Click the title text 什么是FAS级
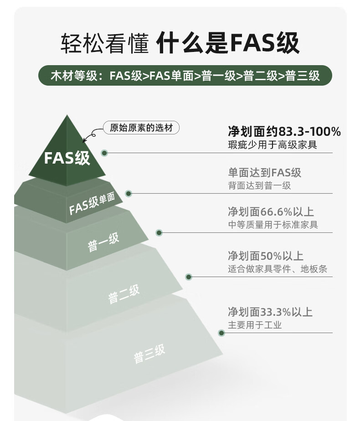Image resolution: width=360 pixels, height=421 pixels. click(x=227, y=44)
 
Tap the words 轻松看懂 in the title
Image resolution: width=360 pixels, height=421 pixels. click(x=105, y=44)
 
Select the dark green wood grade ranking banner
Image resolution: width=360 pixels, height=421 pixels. click(x=185, y=75)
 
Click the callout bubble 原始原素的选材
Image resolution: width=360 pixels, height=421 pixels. click(x=141, y=128)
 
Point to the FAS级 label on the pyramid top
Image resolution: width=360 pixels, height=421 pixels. click(x=67, y=158)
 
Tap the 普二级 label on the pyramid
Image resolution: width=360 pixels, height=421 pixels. click(x=123, y=293)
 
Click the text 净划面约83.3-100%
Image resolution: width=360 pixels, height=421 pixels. click(x=284, y=132)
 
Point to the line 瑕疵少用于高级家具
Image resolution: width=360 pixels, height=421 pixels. click(x=272, y=145)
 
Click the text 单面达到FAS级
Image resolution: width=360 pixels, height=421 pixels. click(x=264, y=173)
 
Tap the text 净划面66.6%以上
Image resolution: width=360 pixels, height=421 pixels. click(x=271, y=212)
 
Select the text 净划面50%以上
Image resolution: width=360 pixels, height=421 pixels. click(x=265, y=256)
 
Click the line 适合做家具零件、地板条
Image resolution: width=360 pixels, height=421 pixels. click(x=277, y=269)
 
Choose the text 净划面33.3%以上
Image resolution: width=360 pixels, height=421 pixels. click(x=270, y=312)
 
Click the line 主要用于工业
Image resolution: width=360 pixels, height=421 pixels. click(x=255, y=325)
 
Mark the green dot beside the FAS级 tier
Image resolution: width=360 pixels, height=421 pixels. click(x=105, y=153)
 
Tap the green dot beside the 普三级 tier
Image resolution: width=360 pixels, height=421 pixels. click(x=221, y=333)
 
